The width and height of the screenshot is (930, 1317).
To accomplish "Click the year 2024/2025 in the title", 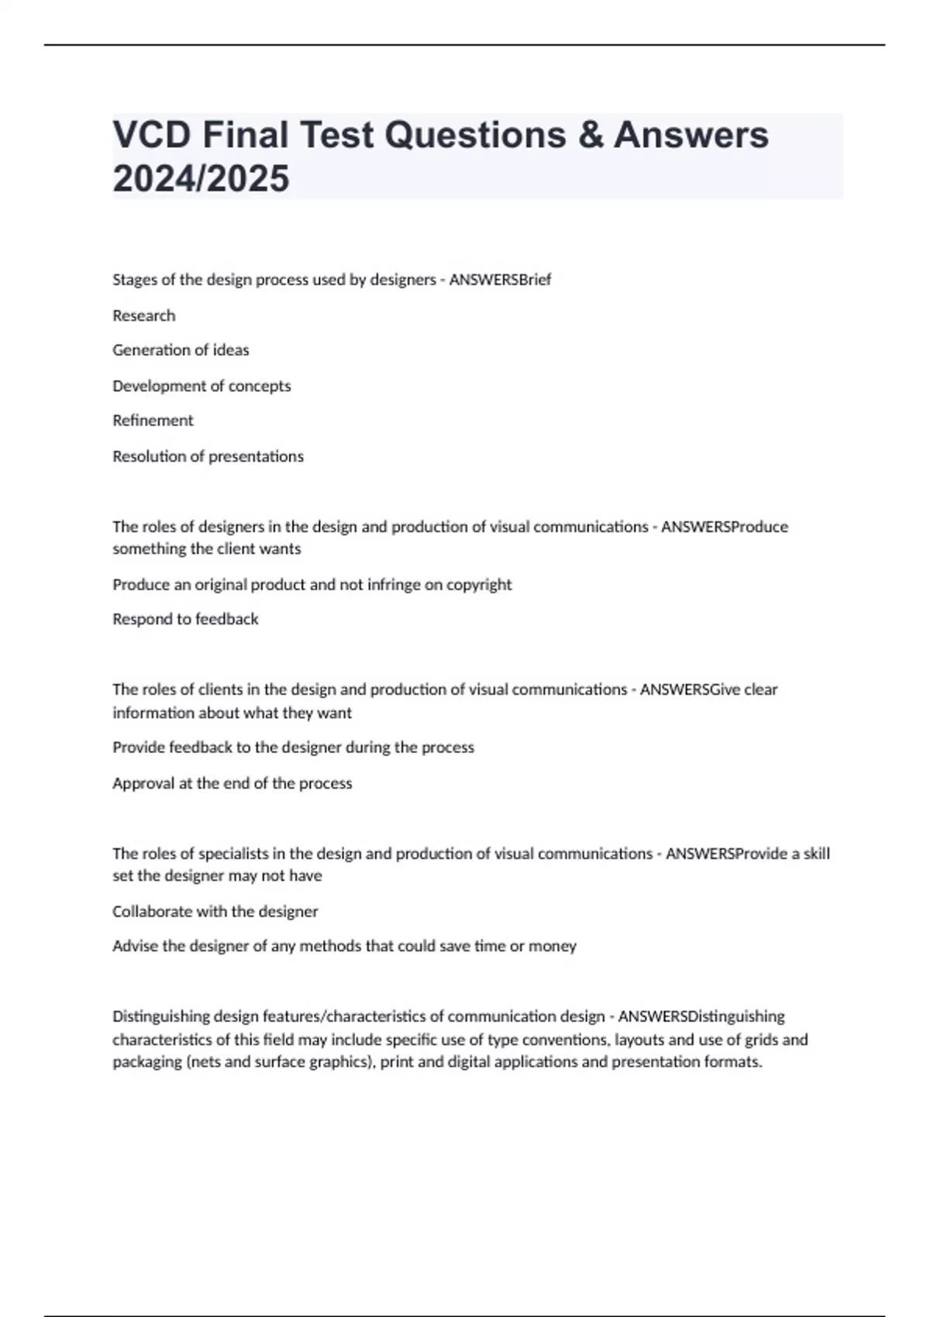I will pos(201,179).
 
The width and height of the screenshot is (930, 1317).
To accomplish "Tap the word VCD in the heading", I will pos(151,135).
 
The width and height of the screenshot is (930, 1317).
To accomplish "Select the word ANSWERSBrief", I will pos(500,280).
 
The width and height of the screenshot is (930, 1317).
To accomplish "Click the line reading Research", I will pos(144,315).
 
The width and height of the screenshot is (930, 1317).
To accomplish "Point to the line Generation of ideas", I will pos(181,350).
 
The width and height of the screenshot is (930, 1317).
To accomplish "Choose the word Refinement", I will pos(153,421).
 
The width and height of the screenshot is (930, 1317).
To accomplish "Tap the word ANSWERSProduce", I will pos(724,527).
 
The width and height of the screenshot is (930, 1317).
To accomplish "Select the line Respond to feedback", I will pos(185,619).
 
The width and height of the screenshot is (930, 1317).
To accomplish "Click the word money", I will pos(553,946).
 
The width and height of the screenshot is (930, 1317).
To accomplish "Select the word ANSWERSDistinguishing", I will pos(701,1016).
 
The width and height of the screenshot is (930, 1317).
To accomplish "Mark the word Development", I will pos(159,386).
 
